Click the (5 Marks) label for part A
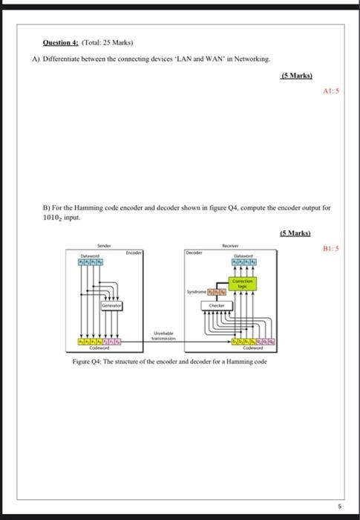(x=297, y=76)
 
